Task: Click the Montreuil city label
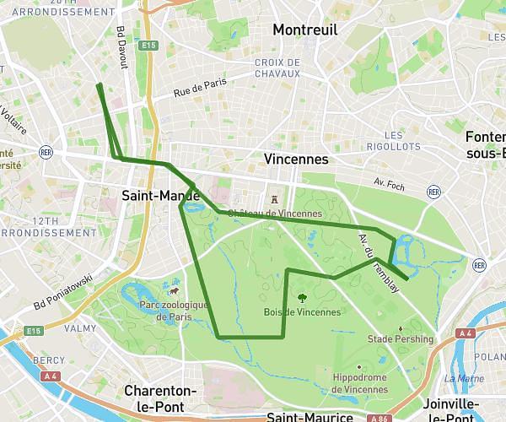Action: (304, 30)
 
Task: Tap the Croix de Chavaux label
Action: (277, 68)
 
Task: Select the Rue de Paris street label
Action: (201, 89)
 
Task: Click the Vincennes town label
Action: (295, 159)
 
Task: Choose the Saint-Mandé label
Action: (159, 196)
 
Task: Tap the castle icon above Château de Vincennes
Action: (274, 199)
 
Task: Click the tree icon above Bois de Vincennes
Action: (301, 297)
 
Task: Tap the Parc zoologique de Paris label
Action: (174, 311)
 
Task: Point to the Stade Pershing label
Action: (401, 339)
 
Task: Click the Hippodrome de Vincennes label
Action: (360, 383)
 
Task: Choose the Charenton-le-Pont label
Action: (160, 398)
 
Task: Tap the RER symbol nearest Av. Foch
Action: (433, 192)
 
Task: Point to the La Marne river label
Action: (471, 379)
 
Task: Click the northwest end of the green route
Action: (99, 84)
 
